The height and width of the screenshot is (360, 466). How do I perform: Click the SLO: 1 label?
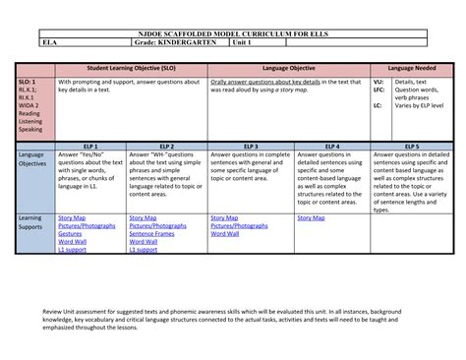(x=28, y=83)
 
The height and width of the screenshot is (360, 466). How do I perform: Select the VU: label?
(x=379, y=83)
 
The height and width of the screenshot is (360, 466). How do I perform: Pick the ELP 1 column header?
(x=89, y=146)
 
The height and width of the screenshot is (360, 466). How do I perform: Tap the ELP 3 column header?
(x=251, y=146)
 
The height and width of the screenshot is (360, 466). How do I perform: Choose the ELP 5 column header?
(x=410, y=146)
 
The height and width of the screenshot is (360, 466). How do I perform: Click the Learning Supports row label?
(x=30, y=222)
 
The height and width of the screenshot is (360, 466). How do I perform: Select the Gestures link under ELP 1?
(x=70, y=234)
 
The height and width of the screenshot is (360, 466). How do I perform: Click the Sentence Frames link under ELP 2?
(x=150, y=234)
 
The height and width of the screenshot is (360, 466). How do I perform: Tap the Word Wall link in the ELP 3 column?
(x=225, y=234)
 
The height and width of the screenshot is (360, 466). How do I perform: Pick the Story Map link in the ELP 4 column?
(x=311, y=217)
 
